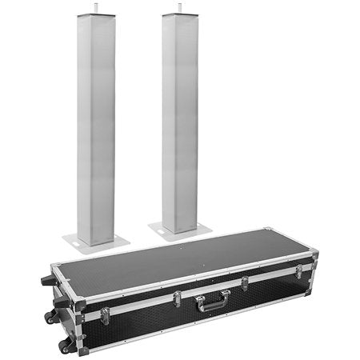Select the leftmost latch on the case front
(x=105, y=314)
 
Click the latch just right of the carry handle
(x=244, y=283)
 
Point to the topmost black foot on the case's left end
(x=46, y=281)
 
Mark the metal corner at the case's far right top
(x=314, y=255)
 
